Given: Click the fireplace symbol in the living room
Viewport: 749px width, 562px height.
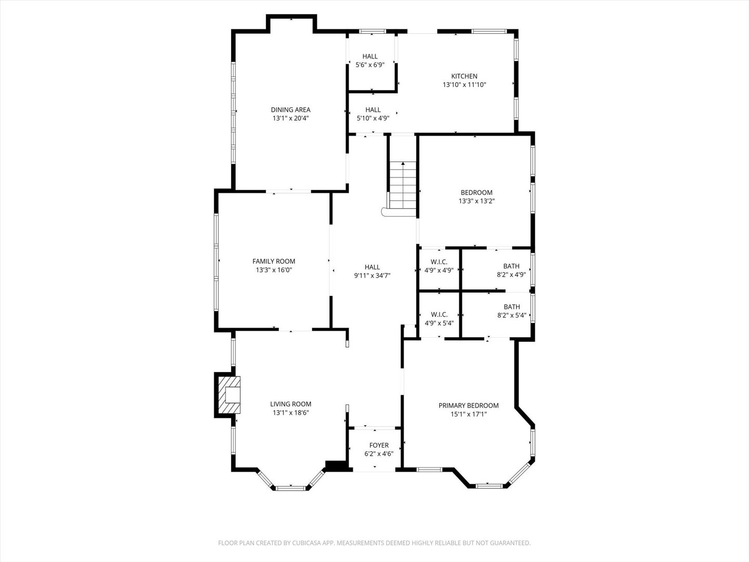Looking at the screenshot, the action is click(229, 395).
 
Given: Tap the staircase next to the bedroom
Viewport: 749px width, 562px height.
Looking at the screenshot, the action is click(403, 185).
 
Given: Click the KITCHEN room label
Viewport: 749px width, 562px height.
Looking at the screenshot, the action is click(464, 76).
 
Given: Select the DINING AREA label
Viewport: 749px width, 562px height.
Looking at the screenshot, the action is click(291, 109).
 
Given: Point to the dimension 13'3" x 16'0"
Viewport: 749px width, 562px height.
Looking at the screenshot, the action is click(274, 270).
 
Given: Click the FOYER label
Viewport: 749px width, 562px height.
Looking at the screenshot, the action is click(379, 445).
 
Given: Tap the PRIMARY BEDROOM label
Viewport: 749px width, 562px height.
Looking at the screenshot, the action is click(469, 405).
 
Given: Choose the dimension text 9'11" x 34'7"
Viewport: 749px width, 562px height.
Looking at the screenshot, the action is click(372, 275).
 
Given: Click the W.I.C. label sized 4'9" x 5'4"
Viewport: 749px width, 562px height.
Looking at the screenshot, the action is click(439, 314).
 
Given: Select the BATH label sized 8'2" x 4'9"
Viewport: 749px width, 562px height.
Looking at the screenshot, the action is click(511, 266).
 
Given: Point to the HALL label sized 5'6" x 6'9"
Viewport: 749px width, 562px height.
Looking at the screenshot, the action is click(370, 56).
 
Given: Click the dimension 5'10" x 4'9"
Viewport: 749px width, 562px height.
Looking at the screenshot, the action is click(373, 119).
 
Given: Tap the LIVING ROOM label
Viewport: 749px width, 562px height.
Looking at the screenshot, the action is click(291, 404).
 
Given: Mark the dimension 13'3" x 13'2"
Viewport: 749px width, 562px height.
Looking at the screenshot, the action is click(476, 201).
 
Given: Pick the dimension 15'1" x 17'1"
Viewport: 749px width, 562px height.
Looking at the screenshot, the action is click(469, 414).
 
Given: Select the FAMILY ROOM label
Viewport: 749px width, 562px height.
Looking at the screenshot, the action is click(274, 261).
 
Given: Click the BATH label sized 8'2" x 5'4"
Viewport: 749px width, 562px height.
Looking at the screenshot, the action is click(512, 307).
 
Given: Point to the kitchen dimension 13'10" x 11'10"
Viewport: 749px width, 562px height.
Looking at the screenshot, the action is click(464, 85).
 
